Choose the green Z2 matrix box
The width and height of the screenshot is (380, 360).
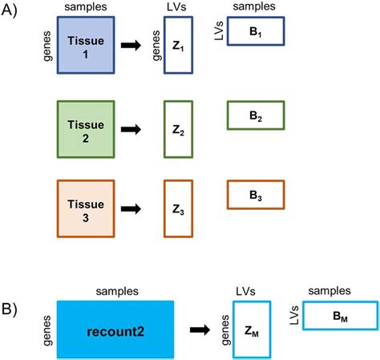pyautogui.click(x=179, y=127)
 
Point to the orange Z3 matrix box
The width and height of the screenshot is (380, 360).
pyautogui.click(x=179, y=208)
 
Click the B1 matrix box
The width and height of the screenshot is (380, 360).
pyautogui.click(x=256, y=30)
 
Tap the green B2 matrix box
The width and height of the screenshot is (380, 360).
pyautogui.click(x=256, y=115)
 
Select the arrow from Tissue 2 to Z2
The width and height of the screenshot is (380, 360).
pyautogui.click(x=133, y=127)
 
